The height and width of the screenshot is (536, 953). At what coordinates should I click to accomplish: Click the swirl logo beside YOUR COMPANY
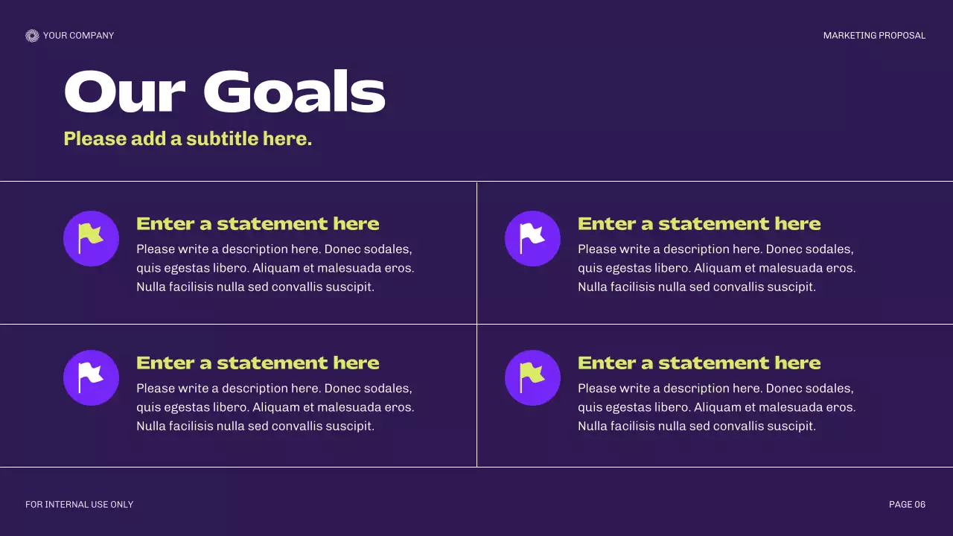(32, 36)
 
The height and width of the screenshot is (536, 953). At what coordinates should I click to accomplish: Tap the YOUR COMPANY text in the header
(78, 36)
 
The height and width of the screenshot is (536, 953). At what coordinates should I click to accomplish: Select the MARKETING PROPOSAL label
(874, 36)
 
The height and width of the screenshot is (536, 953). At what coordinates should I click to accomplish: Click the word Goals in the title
(294, 93)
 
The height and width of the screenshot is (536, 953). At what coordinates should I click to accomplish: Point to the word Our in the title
(124, 93)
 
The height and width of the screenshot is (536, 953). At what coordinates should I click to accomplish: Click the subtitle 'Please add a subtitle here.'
(188, 138)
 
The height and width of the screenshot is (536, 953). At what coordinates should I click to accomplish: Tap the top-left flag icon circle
(91, 238)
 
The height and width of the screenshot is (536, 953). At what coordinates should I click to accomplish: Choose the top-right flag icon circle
(532, 238)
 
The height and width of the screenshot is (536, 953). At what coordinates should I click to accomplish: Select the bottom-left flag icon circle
(91, 377)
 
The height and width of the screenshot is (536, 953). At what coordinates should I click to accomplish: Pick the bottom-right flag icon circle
(532, 377)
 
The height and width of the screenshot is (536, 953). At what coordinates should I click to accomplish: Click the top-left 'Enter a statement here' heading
(258, 223)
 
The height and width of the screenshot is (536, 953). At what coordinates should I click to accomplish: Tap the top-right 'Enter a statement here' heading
(699, 223)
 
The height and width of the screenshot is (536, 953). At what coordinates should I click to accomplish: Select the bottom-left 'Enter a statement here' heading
(258, 363)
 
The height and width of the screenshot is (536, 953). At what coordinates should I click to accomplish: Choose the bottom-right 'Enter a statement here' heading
(699, 363)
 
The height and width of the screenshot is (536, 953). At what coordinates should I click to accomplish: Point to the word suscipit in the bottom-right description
(792, 427)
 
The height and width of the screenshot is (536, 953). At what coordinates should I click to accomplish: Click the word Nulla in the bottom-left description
(151, 427)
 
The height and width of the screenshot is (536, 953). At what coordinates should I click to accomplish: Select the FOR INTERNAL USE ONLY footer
(79, 505)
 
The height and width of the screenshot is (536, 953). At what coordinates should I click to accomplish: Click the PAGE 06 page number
(907, 505)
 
